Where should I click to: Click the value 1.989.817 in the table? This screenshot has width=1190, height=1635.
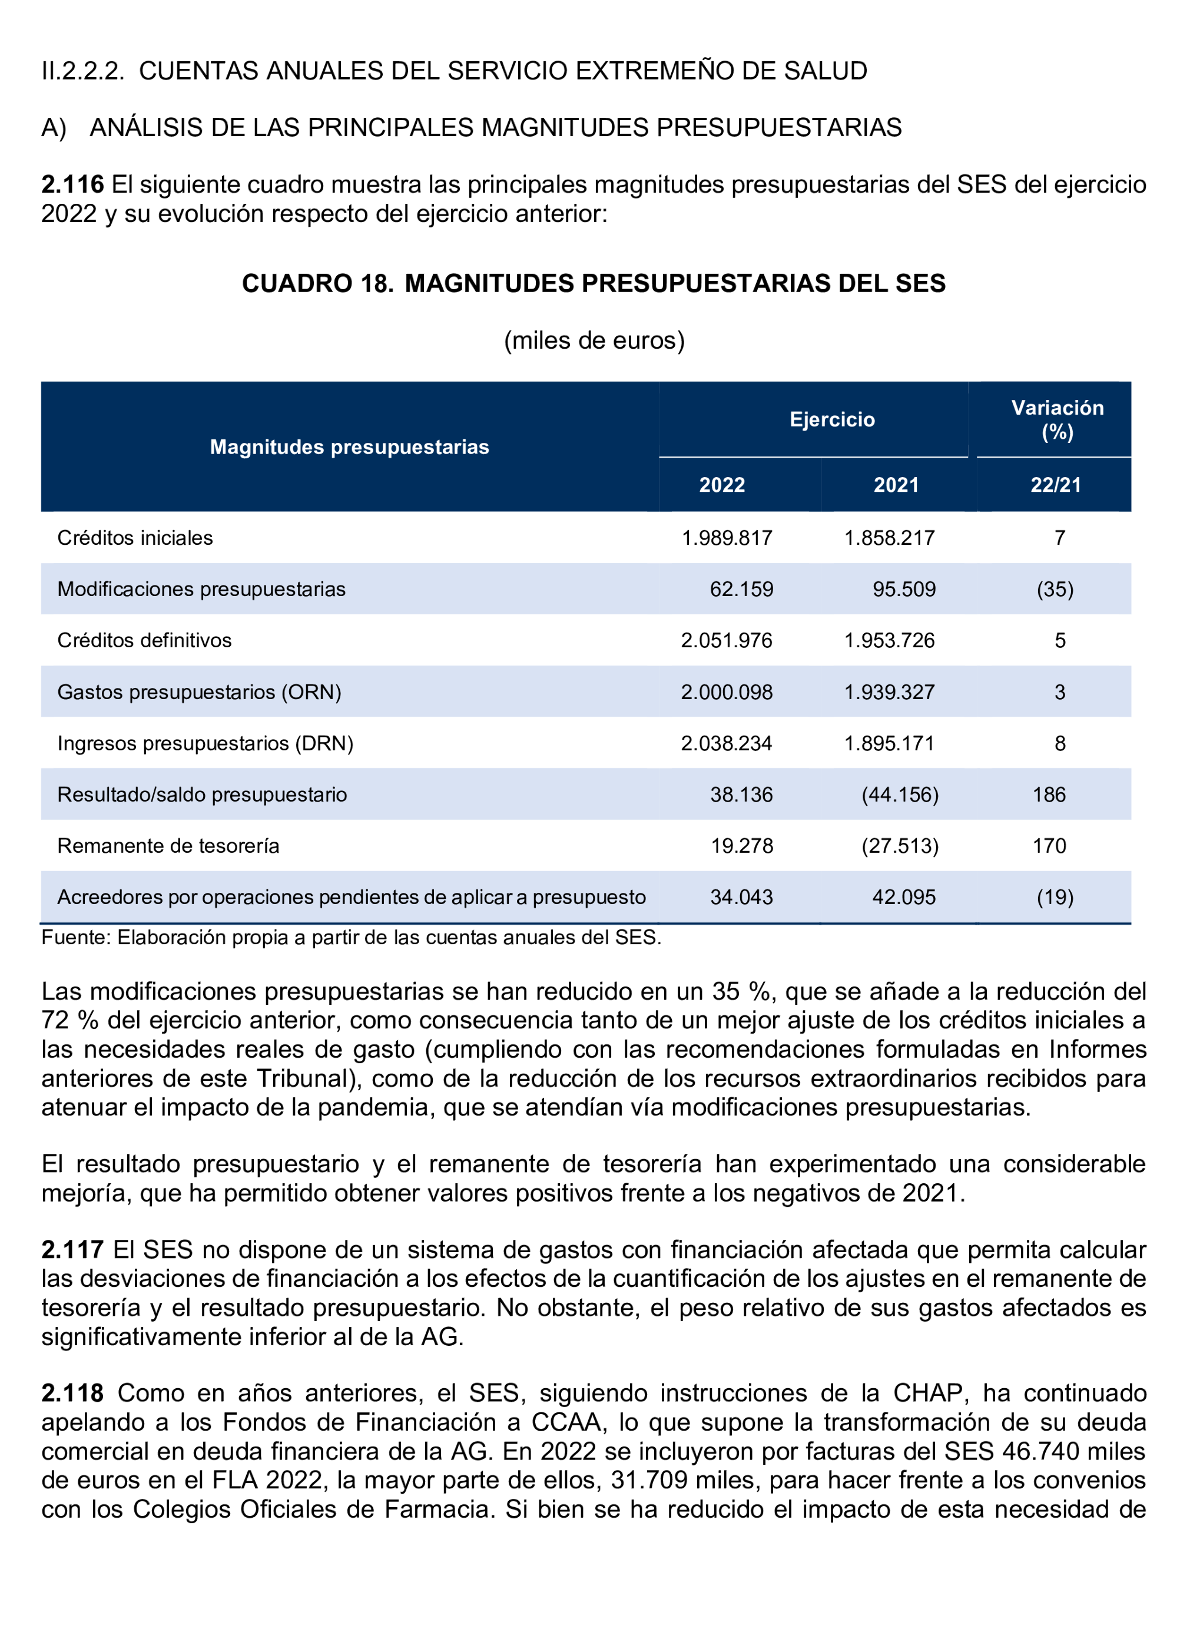pyautogui.click(x=727, y=538)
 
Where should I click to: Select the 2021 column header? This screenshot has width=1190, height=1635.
pyautogui.click(x=896, y=485)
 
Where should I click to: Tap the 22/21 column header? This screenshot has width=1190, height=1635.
pyautogui.click(x=1055, y=485)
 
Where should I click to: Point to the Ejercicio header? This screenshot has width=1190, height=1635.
pyautogui.click(x=832, y=419)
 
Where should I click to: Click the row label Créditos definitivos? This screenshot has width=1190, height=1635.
pyautogui.click(x=144, y=640)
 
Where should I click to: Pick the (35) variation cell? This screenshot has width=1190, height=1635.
pyautogui.click(x=1055, y=589)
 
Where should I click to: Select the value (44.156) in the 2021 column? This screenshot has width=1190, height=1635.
pyautogui.click(x=900, y=795)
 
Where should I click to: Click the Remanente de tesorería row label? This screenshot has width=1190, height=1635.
pyautogui.click(x=168, y=846)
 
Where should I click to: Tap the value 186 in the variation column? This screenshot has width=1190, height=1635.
pyautogui.click(x=1049, y=795)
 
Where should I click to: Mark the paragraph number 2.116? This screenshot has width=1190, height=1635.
pyautogui.click(x=72, y=184)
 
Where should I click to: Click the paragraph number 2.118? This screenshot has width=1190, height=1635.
pyautogui.click(x=72, y=1393)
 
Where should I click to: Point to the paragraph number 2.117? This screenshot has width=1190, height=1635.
pyautogui.click(x=72, y=1249)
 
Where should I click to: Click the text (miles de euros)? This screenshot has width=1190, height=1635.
pyautogui.click(x=594, y=340)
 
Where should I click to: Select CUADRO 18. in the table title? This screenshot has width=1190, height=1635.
pyautogui.click(x=317, y=283)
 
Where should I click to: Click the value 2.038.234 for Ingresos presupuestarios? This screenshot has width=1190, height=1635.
pyautogui.click(x=726, y=743)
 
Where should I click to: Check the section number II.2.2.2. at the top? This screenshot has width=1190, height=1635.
pyautogui.click(x=83, y=71)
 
